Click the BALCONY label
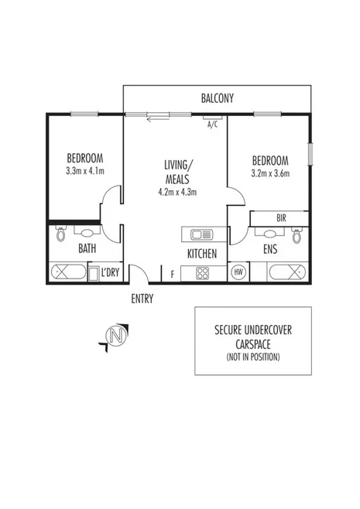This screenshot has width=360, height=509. pos(217,98)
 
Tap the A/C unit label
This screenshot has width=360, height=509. pos(211,124)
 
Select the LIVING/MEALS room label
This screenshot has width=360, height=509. pos(179,171)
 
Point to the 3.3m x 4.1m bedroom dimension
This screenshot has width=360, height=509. pos(85,170)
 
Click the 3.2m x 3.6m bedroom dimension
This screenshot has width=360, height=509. pos(270,173)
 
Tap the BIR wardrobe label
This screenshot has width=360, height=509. pos(280,218)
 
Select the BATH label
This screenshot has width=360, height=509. pos(87,249)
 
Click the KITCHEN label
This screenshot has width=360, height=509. pos(201,253)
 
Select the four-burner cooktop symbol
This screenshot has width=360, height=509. pos(202,272)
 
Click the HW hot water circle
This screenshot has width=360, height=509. pos(238,272)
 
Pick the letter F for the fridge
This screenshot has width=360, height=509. pos(173,273)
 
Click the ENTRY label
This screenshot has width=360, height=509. pos(142,299)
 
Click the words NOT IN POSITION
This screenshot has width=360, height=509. pos(252,357)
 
